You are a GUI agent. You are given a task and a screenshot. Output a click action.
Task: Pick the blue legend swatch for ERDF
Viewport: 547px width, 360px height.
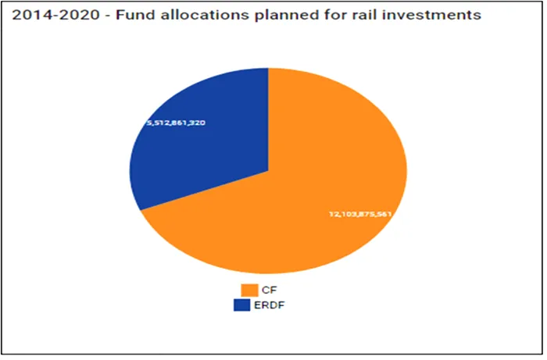249,305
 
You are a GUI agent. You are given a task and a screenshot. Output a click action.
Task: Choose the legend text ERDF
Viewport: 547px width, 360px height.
273,305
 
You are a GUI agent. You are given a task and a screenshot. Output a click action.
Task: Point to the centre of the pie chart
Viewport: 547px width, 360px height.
268,170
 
